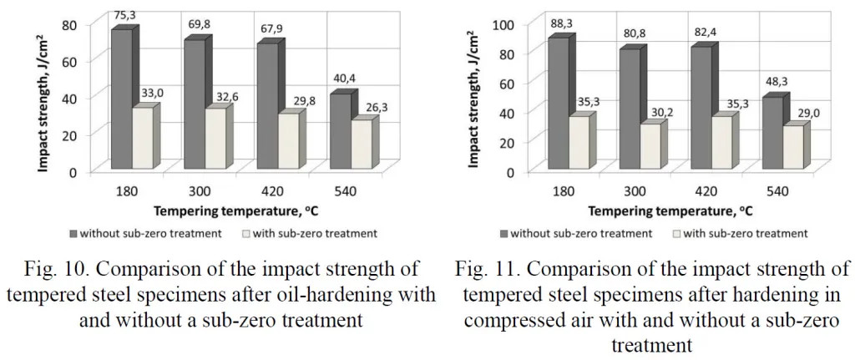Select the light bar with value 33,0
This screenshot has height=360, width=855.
[x=142, y=138]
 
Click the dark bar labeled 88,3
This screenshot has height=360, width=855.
[x=556, y=104]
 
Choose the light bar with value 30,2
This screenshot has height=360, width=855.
[x=650, y=148]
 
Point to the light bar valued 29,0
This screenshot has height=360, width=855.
[x=792, y=149]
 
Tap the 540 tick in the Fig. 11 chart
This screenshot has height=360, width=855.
[x=779, y=191]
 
